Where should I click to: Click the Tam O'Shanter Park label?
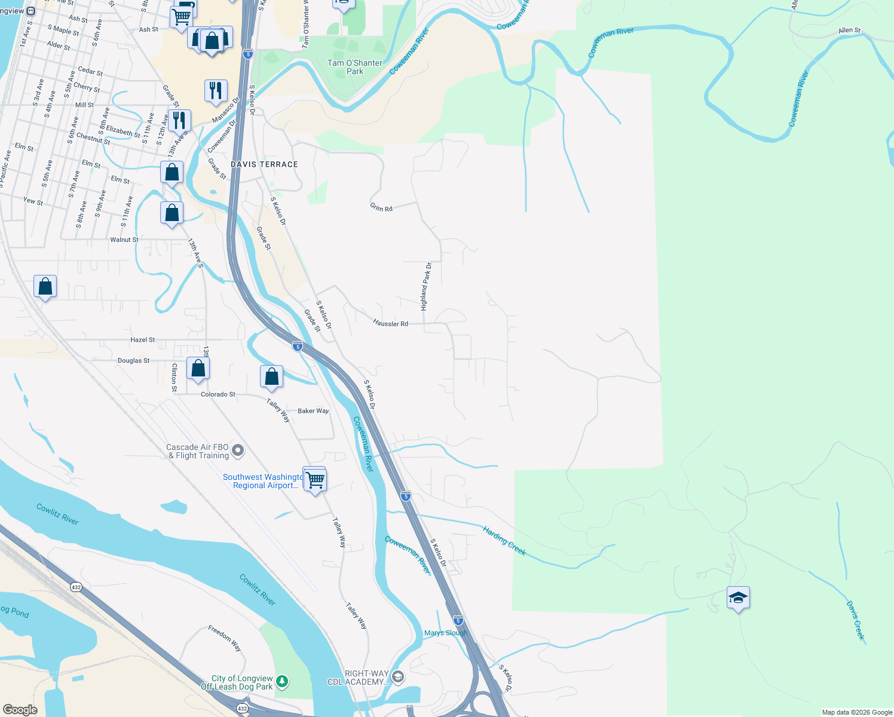[x=355, y=67]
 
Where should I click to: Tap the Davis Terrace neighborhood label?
[x=264, y=164]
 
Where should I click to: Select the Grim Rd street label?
[x=381, y=208]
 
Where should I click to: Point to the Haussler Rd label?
[x=390, y=323]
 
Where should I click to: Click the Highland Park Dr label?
[x=425, y=286]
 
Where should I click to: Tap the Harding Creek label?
[x=504, y=541]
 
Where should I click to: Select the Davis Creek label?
[x=855, y=621]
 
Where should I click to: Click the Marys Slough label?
[x=446, y=633]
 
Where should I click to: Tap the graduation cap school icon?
[x=738, y=597]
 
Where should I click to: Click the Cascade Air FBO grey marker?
[x=238, y=451]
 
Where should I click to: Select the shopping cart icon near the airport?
[x=315, y=479]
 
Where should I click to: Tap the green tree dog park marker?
[x=282, y=681]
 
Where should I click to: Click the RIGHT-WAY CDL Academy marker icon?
[x=398, y=677]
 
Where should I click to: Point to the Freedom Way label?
[x=225, y=638]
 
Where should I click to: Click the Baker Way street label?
[x=313, y=411]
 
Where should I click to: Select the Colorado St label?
[x=218, y=394]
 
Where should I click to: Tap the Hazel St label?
[x=143, y=340]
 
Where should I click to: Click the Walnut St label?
[x=124, y=240]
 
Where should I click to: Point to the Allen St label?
[x=849, y=30]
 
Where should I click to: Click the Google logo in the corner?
[x=20, y=710]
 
